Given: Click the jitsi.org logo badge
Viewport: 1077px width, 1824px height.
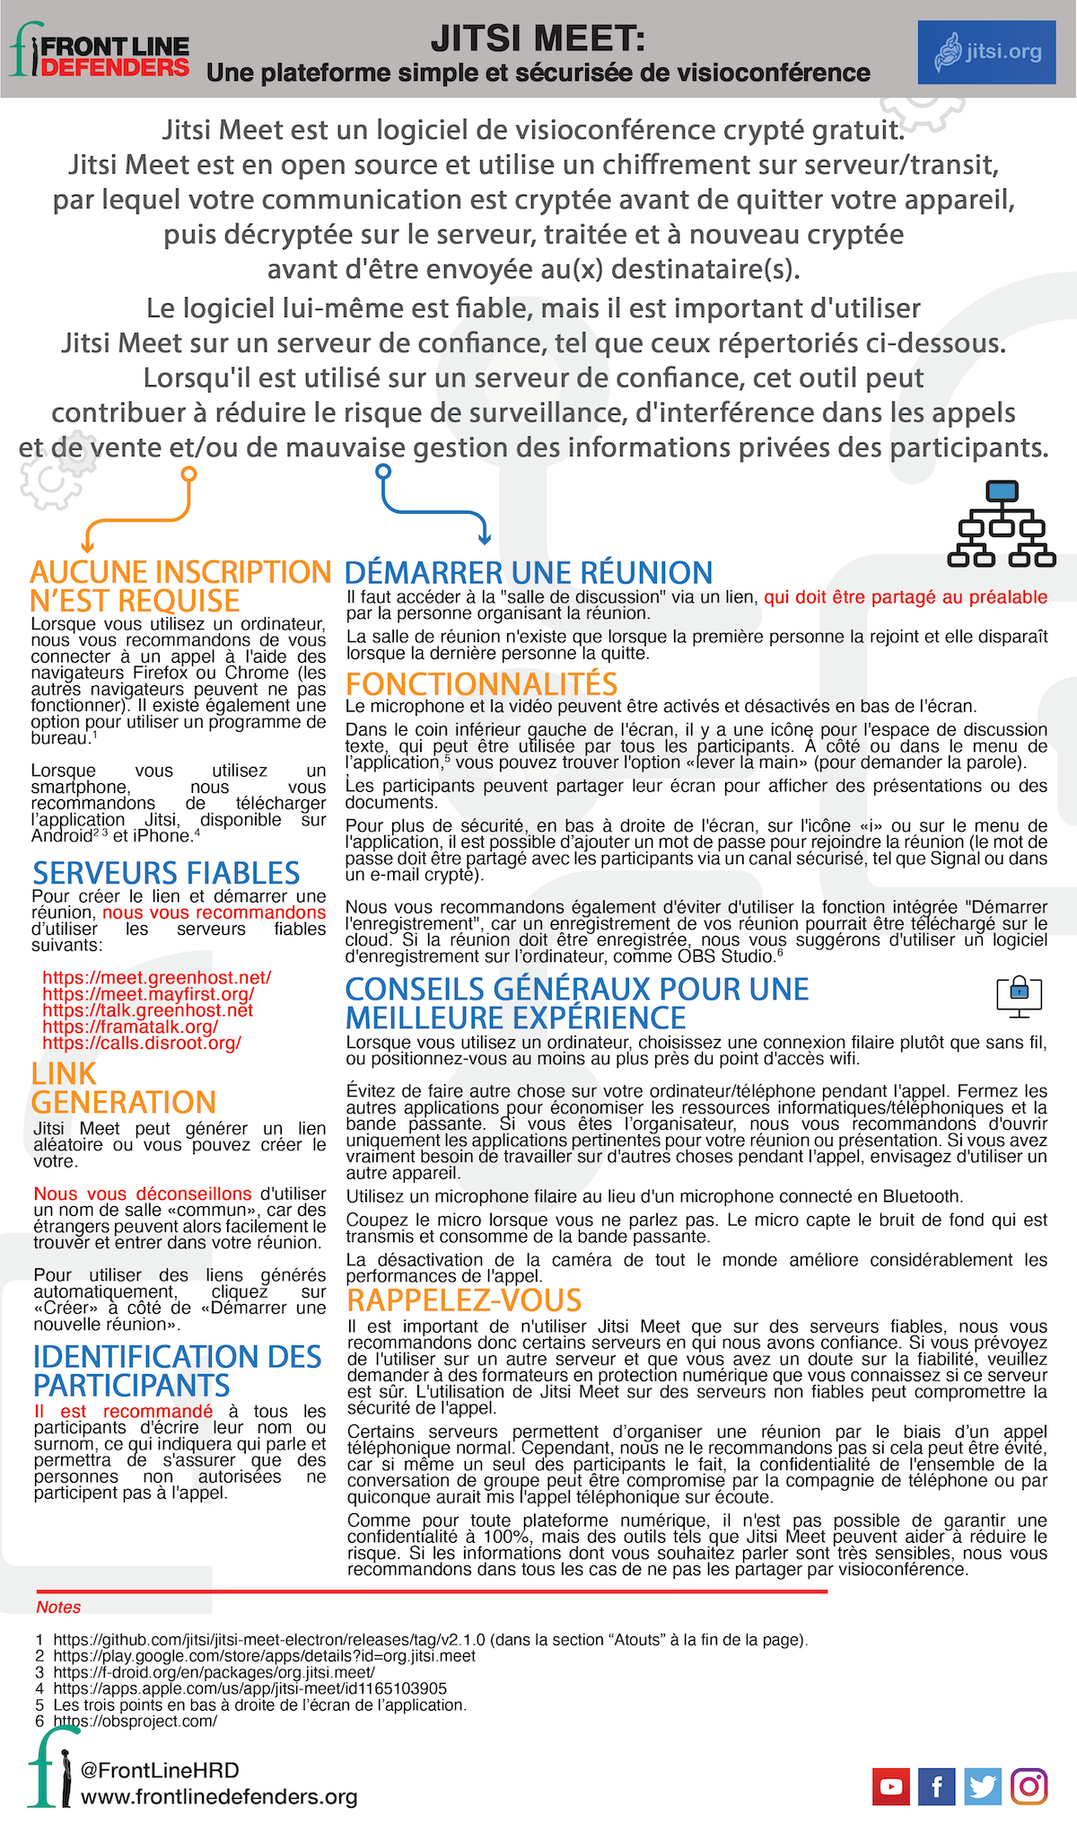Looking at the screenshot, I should pyautogui.click(x=986, y=52).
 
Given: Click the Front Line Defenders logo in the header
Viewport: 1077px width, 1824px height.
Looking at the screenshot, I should pyautogui.click(x=100, y=50).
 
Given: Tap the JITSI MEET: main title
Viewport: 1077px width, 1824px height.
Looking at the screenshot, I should pyautogui.click(x=538, y=39).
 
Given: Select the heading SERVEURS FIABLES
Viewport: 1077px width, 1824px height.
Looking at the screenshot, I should pyautogui.click(x=166, y=873).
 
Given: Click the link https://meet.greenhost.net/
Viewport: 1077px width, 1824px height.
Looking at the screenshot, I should pyautogui.click(x=156, y=977).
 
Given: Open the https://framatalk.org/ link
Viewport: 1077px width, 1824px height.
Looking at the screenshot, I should pyautogui.click(x=130, y=1026).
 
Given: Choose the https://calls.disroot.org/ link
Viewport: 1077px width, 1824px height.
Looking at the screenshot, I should pyautogui.click(x=142, y=1043).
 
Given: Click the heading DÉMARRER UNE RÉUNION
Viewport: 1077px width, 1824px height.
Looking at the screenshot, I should pyautogui.click(x=529, y=573).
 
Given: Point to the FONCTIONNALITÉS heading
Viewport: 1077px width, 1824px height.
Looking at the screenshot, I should pyautogui.click(x=482, y=684).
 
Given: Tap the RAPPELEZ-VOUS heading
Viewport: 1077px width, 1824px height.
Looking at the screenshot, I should pyautogui.click(x=464, y=1300).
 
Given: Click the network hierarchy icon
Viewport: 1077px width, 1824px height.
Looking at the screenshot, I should pyautogui.click(x=1002, y=524).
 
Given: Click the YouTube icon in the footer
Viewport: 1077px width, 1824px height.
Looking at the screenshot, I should pyautogui.click(x=890, y=1786).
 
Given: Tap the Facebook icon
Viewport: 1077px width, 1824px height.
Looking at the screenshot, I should pyautogui.click(x=936, y=1786).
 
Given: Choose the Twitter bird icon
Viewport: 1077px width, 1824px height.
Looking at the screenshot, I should pyautogui.click(x=983, y=1786).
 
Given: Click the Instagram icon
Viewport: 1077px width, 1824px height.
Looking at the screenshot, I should pyautogui.click(x=1029, y=1786).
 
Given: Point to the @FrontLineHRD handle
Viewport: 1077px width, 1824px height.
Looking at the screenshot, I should pyautogui.click(x=160, y=1770).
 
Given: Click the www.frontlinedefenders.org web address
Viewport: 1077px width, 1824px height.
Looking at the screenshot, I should pyautogui.click(x=219, y=1796).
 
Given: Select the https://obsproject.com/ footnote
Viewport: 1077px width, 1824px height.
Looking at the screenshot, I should pyautogui.click(x=135, y=1722).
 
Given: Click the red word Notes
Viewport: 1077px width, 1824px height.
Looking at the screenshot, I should pyautogui.click(x=58, y=1607).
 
